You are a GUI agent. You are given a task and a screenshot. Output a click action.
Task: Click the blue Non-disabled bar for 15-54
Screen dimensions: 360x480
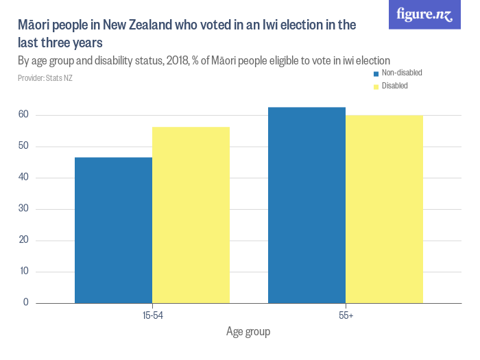click(113, 230)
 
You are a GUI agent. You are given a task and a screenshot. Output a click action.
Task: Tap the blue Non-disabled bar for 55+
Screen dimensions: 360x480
click(307, 205)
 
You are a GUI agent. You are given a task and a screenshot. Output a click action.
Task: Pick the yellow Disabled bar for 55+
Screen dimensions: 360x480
click(384, 209)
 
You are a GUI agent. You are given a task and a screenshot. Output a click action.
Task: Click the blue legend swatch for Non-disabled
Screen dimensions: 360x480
click(376, 73)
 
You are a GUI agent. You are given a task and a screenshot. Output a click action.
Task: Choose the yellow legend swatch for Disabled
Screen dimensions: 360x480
click(376, 86)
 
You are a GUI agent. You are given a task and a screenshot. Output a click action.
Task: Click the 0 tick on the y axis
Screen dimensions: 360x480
click(26, 302)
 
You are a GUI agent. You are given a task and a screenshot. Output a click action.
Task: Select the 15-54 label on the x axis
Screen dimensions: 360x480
click(152, 315)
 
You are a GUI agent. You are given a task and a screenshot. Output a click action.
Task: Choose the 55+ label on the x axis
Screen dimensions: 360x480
click(345, 315)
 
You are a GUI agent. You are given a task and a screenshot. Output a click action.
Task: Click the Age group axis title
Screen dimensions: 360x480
click(248, 332)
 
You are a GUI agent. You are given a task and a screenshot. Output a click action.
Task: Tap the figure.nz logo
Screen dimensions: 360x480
click(424, 14)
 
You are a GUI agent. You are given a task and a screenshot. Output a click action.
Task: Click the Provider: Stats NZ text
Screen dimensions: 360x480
click(45, 78)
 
